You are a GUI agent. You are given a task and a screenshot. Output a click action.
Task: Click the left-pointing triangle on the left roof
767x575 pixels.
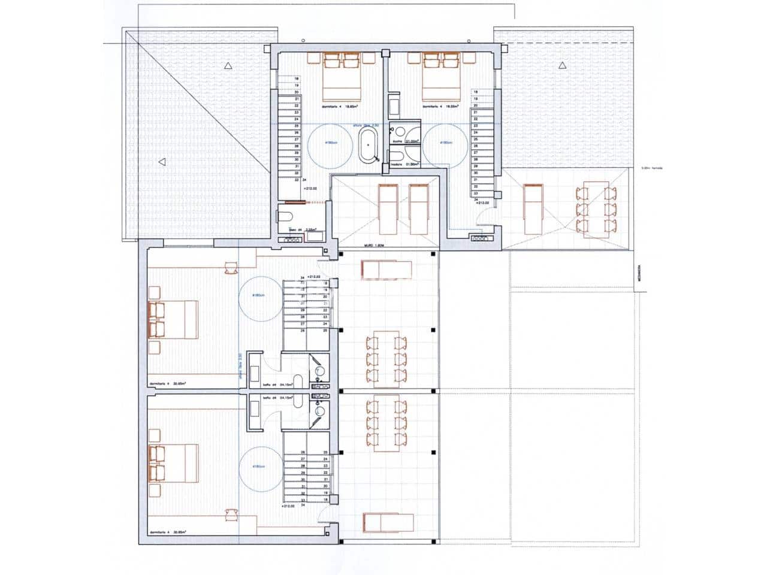click(161, 161)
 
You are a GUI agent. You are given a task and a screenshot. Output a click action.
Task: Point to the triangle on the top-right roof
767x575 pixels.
click(561, 65)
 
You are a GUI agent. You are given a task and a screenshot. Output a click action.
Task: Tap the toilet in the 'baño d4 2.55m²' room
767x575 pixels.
click(286, 216)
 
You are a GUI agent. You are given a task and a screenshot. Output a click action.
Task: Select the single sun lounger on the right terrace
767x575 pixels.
click(533, 209)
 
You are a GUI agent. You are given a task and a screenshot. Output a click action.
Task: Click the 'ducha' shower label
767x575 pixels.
click(396, 141)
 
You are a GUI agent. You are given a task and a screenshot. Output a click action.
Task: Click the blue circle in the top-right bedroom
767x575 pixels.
click(445, 144)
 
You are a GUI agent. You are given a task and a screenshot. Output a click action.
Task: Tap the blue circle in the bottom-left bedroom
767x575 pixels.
click(260, 468)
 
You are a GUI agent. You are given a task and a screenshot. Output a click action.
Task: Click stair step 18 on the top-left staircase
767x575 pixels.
click(296, 78)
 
